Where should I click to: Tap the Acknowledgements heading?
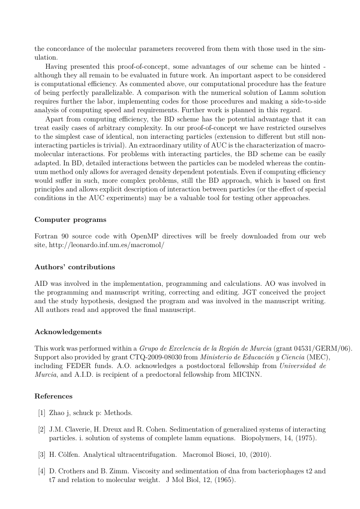68,332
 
